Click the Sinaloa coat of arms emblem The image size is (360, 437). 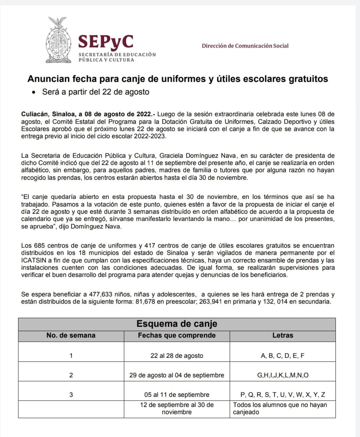pos(58,39)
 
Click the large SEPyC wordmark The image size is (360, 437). pos(106,41)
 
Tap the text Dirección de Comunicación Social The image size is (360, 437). pos(245,46)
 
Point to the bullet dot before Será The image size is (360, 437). pos(34,92)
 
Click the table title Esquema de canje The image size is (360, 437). pos(177,324)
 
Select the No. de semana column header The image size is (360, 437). pos(71,336)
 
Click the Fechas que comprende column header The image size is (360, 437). pos(177,336)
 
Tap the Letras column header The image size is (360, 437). pos(282,336)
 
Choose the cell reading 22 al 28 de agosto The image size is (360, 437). pos(177,356)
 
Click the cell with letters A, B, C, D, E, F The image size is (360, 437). pos(282,356)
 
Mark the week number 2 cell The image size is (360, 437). pos(71,375)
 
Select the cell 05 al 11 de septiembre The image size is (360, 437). pos(177,394)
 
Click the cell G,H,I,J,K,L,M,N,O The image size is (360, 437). pos(282,375)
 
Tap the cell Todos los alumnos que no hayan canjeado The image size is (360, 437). pos(280,408)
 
